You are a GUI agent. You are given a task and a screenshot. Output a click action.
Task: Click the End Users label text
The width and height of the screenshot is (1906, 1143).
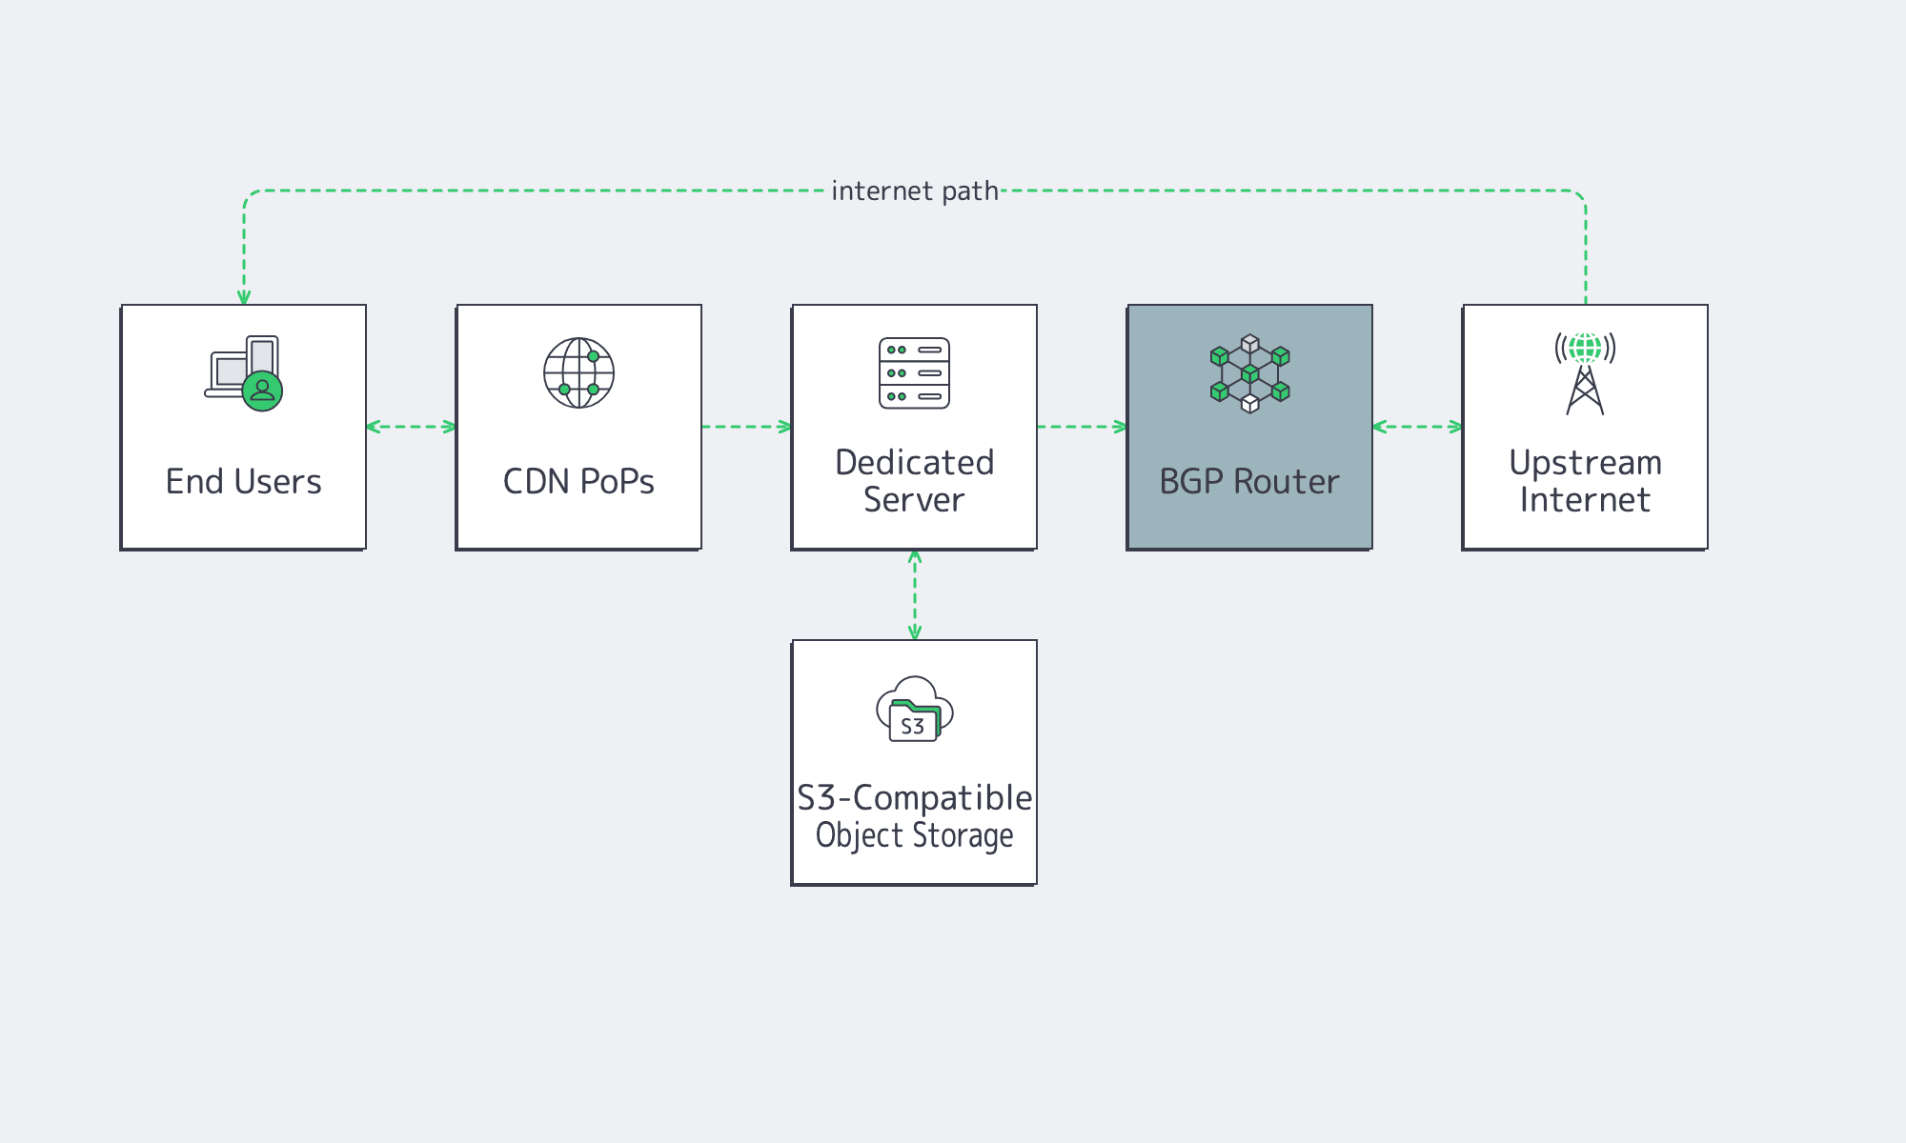[243, 482]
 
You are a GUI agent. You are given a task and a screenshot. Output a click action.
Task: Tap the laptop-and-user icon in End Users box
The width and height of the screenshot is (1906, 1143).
[244, 373]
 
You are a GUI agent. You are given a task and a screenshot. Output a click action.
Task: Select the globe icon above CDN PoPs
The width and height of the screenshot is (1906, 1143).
[578, 372]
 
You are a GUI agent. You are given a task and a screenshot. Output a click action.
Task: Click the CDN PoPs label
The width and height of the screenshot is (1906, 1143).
[578, 482]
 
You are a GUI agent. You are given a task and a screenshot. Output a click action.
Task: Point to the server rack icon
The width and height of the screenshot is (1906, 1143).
[914, 372]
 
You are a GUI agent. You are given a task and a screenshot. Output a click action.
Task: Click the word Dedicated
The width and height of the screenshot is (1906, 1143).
[914, 463]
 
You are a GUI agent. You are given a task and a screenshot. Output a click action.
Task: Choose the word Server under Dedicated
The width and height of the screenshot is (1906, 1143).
[914, 500]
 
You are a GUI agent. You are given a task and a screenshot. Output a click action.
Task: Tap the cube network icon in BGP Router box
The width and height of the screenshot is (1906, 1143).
[1249, 373]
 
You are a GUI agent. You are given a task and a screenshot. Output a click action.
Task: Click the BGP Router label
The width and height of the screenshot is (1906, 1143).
[1249, 482]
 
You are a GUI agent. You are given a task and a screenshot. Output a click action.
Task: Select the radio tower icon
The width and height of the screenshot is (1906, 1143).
[1585, 373]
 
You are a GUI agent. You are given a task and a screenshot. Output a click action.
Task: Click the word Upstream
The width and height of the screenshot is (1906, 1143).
[1585, 463]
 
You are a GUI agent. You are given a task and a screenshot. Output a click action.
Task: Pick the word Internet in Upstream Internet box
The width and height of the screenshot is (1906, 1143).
[1585, 500]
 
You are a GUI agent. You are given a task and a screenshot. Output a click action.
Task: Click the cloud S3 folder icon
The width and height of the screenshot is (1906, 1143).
[914, 710]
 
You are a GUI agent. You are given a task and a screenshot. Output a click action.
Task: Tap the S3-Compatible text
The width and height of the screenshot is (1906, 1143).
[914, 798]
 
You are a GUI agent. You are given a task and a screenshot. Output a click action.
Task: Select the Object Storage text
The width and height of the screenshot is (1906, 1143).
[914, 835]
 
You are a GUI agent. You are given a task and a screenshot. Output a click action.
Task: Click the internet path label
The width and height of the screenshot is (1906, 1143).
[914, 191]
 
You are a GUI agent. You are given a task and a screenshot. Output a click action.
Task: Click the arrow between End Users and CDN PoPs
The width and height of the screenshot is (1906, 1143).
[411, 427]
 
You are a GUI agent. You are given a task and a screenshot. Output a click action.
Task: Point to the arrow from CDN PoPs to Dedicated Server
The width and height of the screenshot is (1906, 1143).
[746, 427]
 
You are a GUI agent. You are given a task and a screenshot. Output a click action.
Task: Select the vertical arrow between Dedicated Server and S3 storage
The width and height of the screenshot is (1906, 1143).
[914, 594]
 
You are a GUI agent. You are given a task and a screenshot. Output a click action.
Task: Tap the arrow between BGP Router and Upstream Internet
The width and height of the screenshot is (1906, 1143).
[1417, 427]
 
